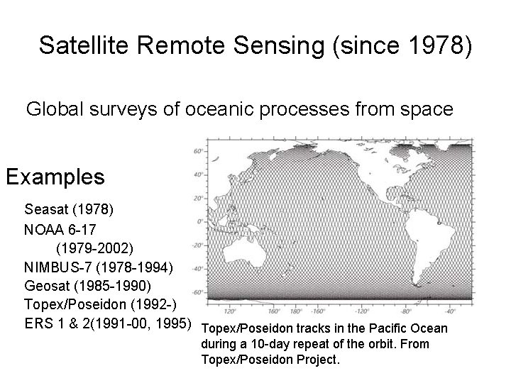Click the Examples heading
tap(55, 176)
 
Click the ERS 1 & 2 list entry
tap(108, 324)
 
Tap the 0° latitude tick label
tap(199, 221)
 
